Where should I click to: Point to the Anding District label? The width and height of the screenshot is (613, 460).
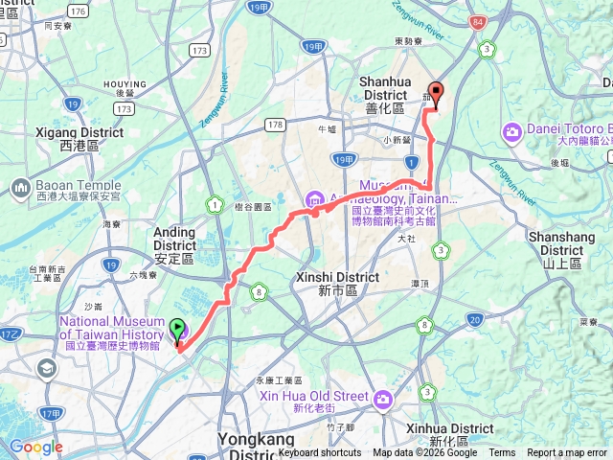pos(174,244)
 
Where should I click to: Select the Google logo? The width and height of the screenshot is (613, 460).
pos(35,447)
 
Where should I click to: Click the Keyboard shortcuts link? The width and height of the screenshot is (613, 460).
pos(320,453)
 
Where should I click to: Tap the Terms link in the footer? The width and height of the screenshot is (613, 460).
pos(502,453)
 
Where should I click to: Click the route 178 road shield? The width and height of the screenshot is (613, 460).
pos(276,124)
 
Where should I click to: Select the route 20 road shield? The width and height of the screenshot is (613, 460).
pos(475,319)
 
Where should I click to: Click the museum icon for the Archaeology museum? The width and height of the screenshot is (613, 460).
pos(314,199)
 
